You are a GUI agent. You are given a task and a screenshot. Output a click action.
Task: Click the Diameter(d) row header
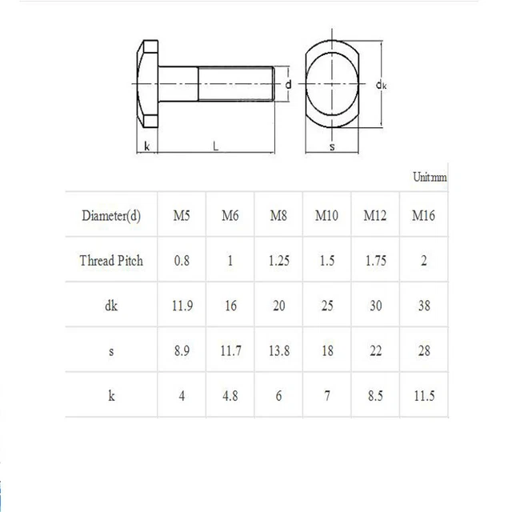coord(111,215)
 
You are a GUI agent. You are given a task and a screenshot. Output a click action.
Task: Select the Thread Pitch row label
coord(111,260)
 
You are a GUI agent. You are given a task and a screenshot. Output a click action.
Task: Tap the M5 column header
coord(182,215)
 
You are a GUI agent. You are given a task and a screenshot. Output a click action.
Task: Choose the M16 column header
coord(424,215)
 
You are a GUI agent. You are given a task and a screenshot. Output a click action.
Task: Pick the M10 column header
coord(326,215)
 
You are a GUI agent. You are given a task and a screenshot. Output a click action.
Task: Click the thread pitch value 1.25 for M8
coord(278,260)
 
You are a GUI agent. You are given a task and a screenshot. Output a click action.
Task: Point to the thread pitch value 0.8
coord(182,260)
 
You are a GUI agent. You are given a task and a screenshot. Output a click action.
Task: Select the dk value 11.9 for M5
coord(182,305)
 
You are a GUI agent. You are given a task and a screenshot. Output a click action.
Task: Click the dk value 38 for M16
coord(424,305)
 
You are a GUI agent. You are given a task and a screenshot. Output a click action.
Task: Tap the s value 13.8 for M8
coord(278,350)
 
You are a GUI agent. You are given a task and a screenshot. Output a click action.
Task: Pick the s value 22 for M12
coord(375,350)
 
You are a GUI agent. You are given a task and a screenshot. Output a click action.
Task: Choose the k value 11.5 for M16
coord(424,395)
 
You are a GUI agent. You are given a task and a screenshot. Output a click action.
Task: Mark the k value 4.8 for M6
coord(230,395)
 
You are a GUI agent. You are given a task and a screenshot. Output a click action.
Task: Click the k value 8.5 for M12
coord(375,395)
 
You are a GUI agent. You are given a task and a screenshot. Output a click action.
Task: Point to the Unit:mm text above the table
coord(430,178)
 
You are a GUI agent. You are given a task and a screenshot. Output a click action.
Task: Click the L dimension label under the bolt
coord(216,146)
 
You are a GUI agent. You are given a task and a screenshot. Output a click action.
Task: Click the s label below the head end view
coord(330,148)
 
